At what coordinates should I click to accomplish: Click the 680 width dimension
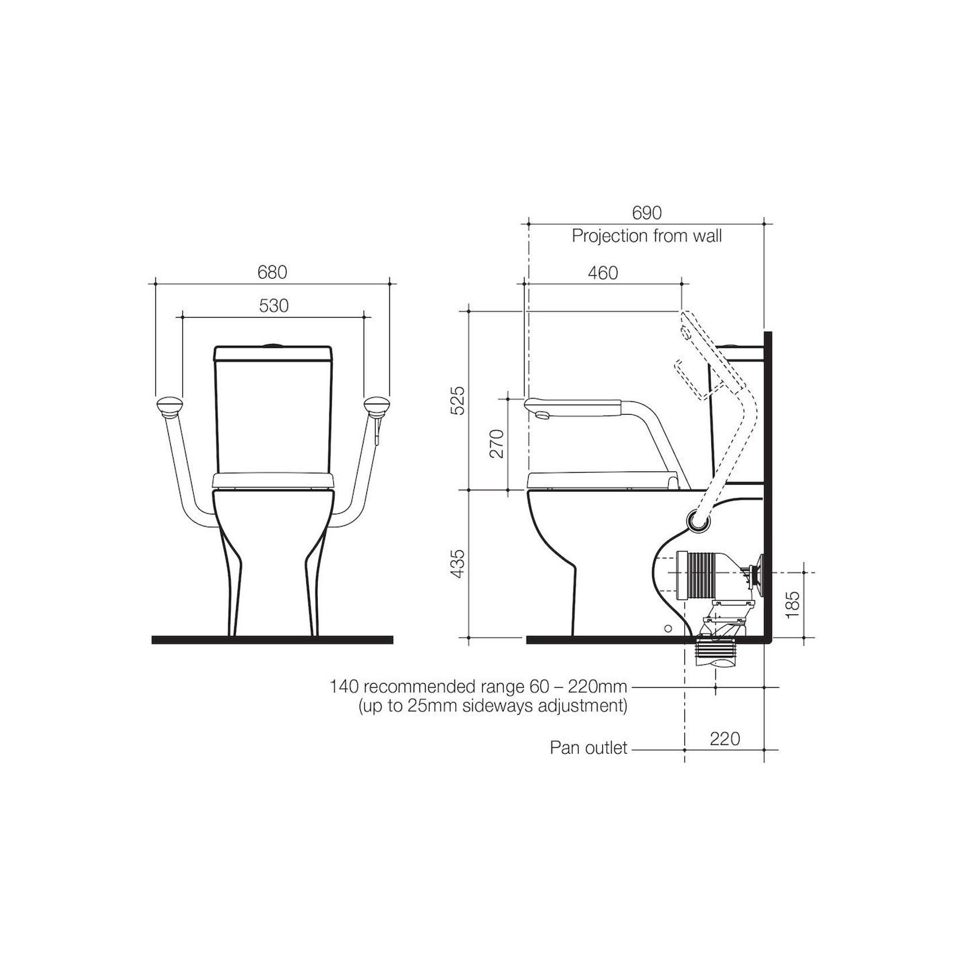pos(272,272)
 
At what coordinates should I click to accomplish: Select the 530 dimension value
pos(274,306)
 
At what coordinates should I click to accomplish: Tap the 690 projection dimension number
pos(646,213)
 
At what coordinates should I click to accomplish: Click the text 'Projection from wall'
pos(646,236)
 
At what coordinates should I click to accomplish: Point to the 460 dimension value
pos(603,272)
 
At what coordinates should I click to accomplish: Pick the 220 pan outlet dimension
pos(724,738)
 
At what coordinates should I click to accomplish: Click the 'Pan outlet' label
pos(588,748)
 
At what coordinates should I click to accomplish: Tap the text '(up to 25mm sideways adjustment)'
pos(492,706)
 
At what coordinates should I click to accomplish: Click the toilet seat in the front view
pos(274,480)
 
